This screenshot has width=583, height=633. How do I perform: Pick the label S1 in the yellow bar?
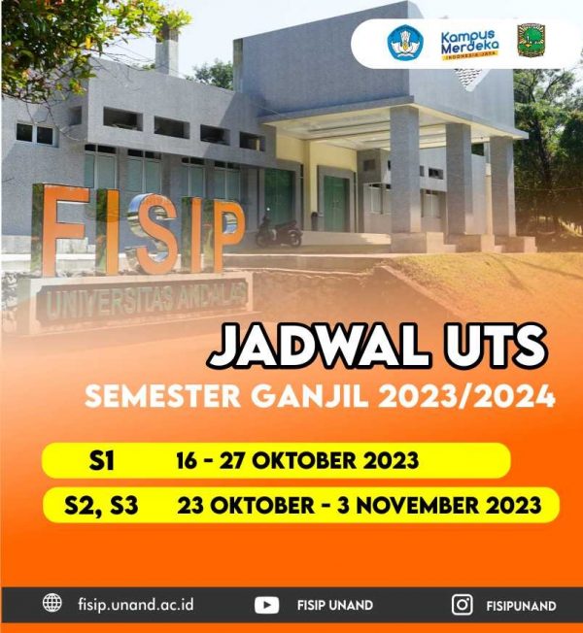(101, 460)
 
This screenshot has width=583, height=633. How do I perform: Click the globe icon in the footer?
(52, 604)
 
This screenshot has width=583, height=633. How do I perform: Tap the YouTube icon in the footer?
(266, 605)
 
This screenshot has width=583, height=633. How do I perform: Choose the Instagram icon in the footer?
(463, 605)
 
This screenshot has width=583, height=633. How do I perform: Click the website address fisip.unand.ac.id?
(135, 604)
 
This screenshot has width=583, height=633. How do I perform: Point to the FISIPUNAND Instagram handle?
(521, 605)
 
